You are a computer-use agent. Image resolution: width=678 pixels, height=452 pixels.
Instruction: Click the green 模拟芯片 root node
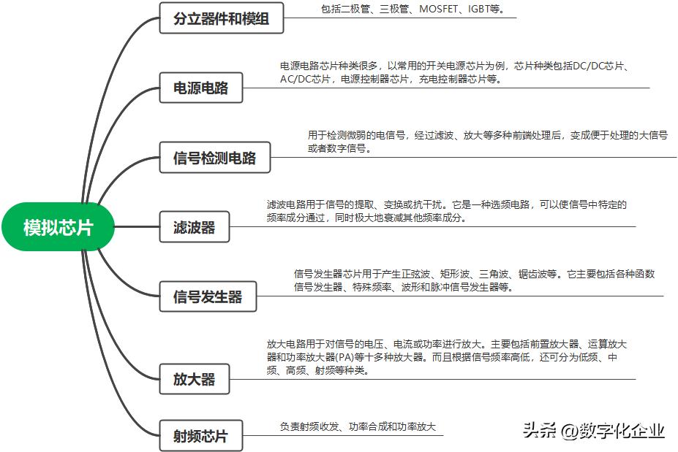click(x=58, y=227)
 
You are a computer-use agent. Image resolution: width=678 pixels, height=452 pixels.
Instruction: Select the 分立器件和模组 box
click(x=221, y=18)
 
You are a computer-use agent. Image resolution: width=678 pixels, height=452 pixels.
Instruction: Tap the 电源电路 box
click(x=200, y=88)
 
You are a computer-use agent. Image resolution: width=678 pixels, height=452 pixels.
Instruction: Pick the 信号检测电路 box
click(x=214, y=158)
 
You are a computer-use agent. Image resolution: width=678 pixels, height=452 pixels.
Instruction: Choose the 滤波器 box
click(x=194, y=227)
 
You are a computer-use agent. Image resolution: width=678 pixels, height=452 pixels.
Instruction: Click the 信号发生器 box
click(x=207, y=297)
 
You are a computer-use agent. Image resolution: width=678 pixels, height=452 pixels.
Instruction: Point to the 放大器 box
click(x=194, y=380)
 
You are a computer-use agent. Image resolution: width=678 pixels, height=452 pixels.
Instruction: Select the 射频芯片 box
click(x=200, y=436)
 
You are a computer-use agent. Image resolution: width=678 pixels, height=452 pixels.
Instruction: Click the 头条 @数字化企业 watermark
click(x=593, y=431)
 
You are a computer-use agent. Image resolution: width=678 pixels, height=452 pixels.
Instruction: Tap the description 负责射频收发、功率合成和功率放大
click(x=358, y=426)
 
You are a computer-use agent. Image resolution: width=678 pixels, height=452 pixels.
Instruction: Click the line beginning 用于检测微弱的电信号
click(x=487, y=135)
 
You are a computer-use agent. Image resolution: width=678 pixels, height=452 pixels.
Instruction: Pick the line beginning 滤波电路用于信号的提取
click(x=446, y=204)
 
